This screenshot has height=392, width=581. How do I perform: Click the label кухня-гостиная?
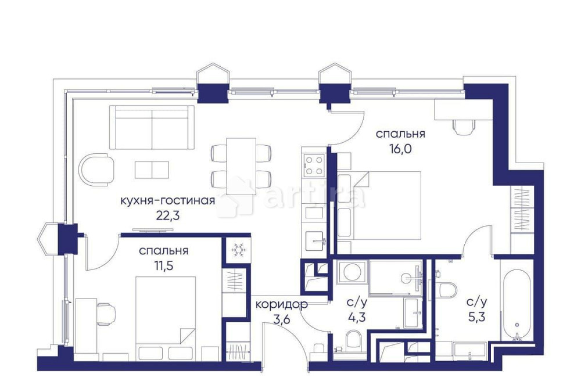tap(167, 201)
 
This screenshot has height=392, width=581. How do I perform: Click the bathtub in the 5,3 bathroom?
tap(515, 304)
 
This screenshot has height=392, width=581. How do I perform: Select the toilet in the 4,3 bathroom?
tap(353, 341)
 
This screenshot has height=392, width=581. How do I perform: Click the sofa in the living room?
tap(152, 127)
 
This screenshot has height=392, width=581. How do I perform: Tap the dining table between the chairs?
tap(241, 162)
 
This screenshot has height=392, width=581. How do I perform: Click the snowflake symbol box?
tap(238, 250)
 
